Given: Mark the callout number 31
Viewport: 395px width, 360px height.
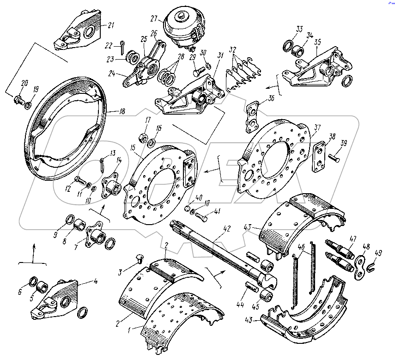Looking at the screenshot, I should coord(221,55).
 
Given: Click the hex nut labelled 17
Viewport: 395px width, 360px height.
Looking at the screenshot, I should coord(143,137).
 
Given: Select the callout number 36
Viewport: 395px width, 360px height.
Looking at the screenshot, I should coord(270,98).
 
